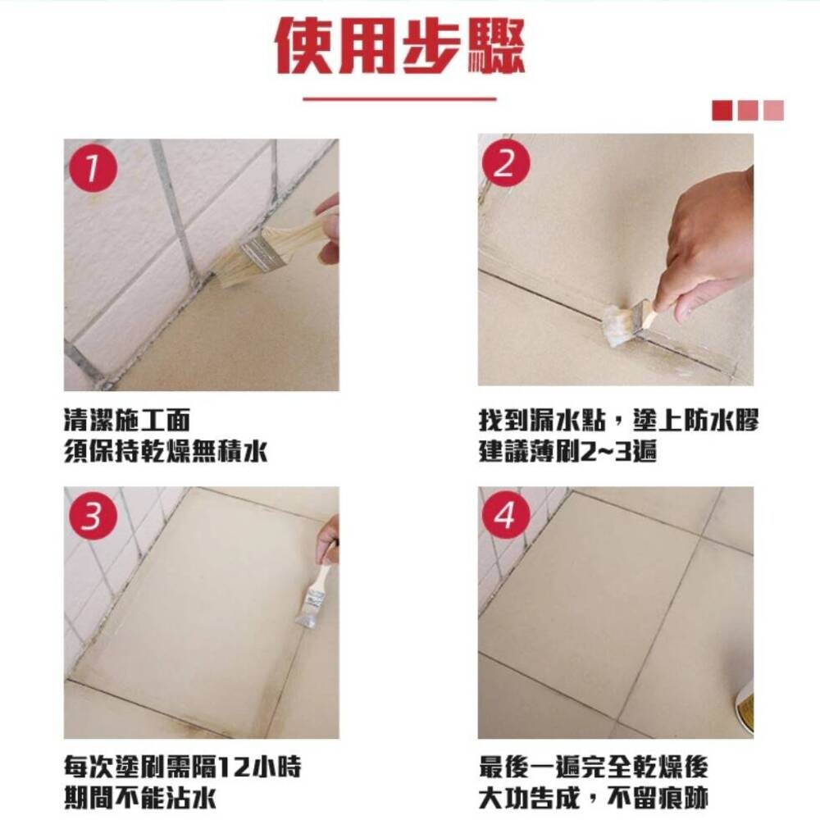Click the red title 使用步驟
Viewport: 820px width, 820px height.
click(400, 46)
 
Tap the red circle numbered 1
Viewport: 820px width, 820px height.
click(93, 168)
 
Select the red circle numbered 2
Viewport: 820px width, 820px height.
click(505, 164)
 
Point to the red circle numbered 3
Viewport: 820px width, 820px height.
click(93, 516)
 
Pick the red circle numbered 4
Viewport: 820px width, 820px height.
click(505, 516)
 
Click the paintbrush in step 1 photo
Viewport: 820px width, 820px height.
click(272, 249)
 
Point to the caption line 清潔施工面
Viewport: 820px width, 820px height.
click(126, 421)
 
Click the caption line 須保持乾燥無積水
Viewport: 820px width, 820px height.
click(166, 451)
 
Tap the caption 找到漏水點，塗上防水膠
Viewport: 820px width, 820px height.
click(618, 421)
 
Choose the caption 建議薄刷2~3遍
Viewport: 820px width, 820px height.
click(567, 451)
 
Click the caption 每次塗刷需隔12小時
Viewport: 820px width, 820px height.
click(183, 768)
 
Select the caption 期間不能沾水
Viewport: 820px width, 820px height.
click(139, 799)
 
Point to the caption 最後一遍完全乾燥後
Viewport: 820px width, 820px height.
click(594, 768)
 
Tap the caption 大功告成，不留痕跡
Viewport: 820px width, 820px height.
click(594, 799)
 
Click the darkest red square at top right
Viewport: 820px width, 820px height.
click(722, 111)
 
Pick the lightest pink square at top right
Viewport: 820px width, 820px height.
click(773, 111)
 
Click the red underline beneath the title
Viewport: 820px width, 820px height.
click(399, 98)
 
